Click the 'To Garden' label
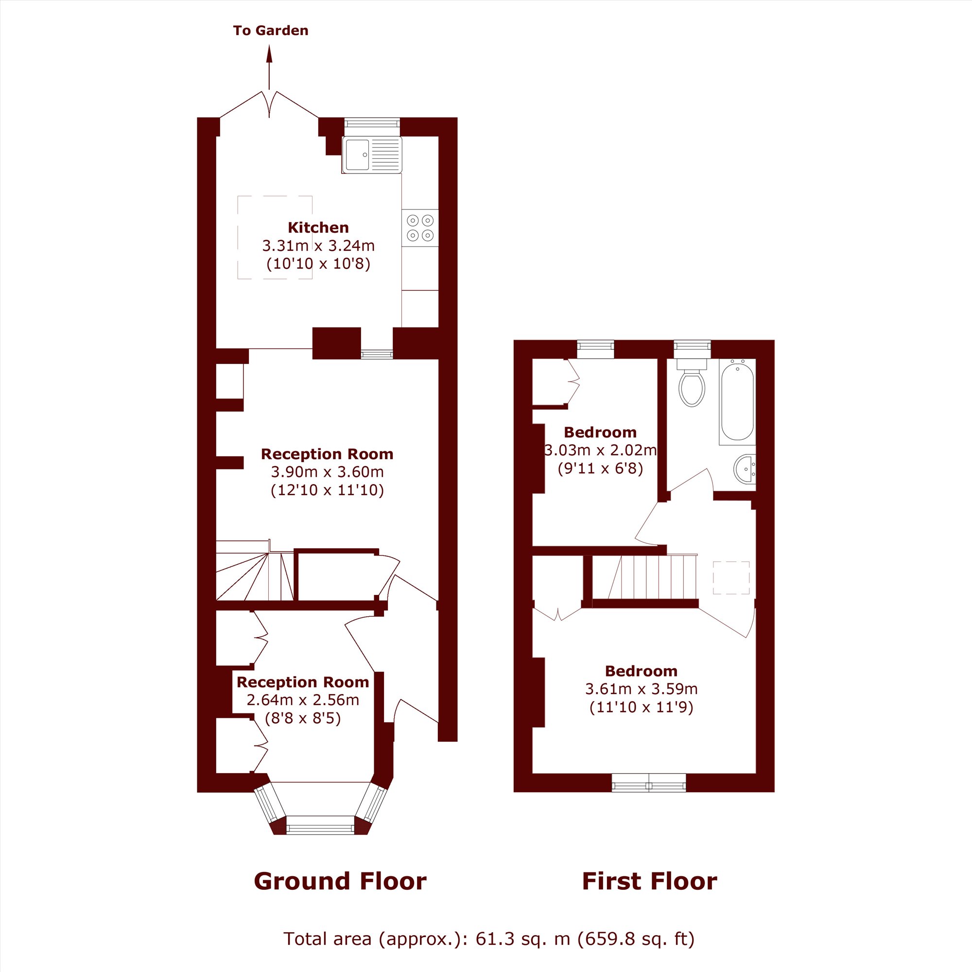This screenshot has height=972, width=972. (271, 31)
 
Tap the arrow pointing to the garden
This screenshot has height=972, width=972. (269, 68)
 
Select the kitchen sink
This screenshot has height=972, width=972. (372, 155)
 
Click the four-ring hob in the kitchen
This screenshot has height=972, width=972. (420, 228)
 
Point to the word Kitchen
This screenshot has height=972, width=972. (318, 227)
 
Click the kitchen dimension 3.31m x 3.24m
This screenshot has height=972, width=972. (318, 245)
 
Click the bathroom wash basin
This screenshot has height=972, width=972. (745, 469)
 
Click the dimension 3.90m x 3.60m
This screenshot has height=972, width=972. (328, 472)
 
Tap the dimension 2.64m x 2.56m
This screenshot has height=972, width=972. (303, 700)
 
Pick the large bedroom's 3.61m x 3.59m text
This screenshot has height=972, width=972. (642, 689)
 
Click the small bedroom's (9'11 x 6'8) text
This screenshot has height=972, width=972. (600, 469)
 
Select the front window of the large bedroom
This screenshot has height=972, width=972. (649, 783)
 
